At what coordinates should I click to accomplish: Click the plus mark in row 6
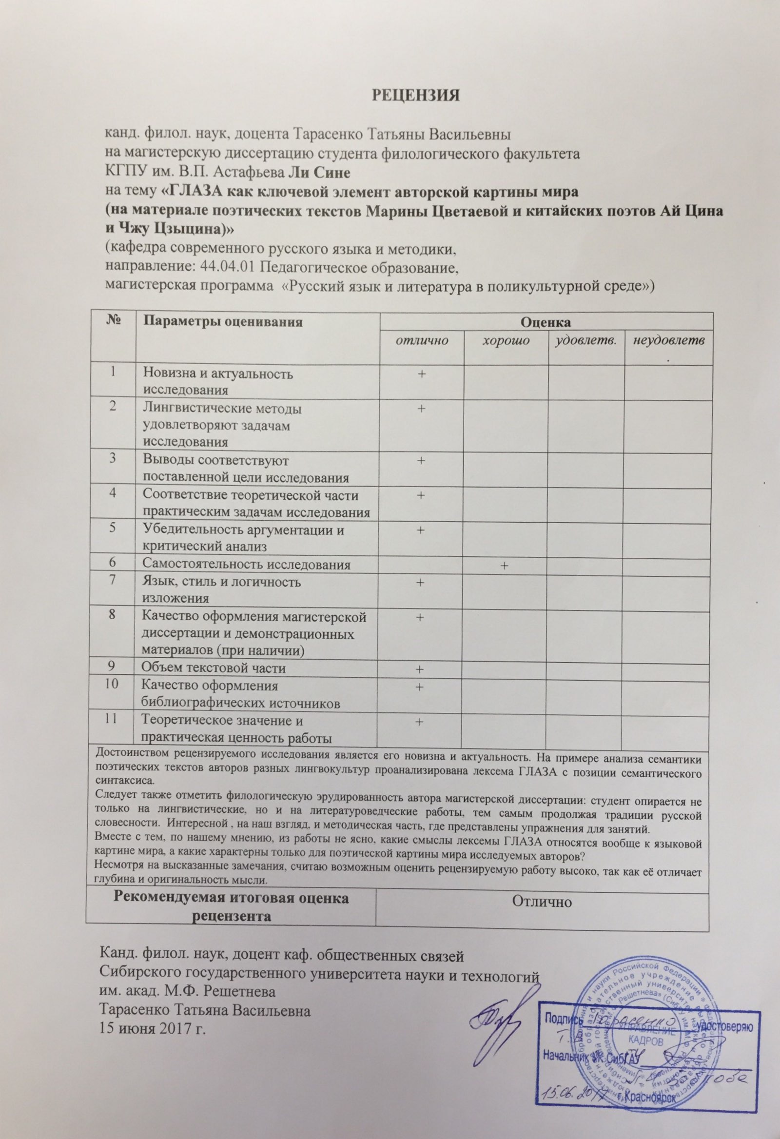click(504, 566)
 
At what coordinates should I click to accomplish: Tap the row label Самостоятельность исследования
click(246, 565)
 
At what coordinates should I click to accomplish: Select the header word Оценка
click(546, 322)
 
